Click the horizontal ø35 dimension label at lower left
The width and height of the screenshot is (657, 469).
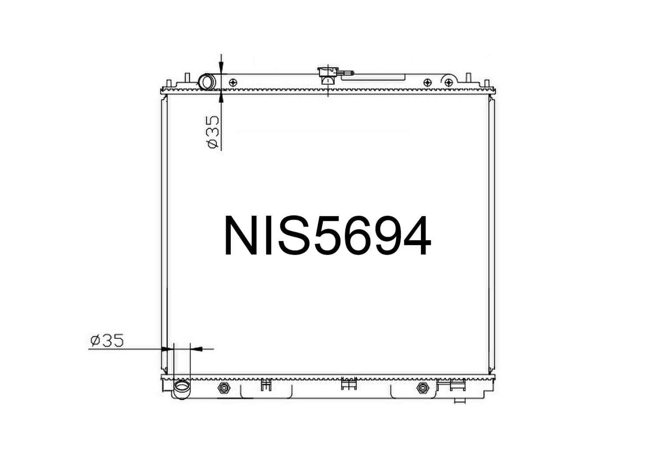click(107, 340)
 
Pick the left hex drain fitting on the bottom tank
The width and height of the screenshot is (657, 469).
click(223, 388)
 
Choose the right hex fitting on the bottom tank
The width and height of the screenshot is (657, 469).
click(423, 387)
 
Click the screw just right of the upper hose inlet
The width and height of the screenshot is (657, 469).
click(233, 82)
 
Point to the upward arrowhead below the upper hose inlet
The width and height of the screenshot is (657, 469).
click(221, 95)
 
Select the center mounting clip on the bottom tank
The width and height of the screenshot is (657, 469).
click(349, 384)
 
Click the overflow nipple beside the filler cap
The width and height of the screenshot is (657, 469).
click(346, 73)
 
